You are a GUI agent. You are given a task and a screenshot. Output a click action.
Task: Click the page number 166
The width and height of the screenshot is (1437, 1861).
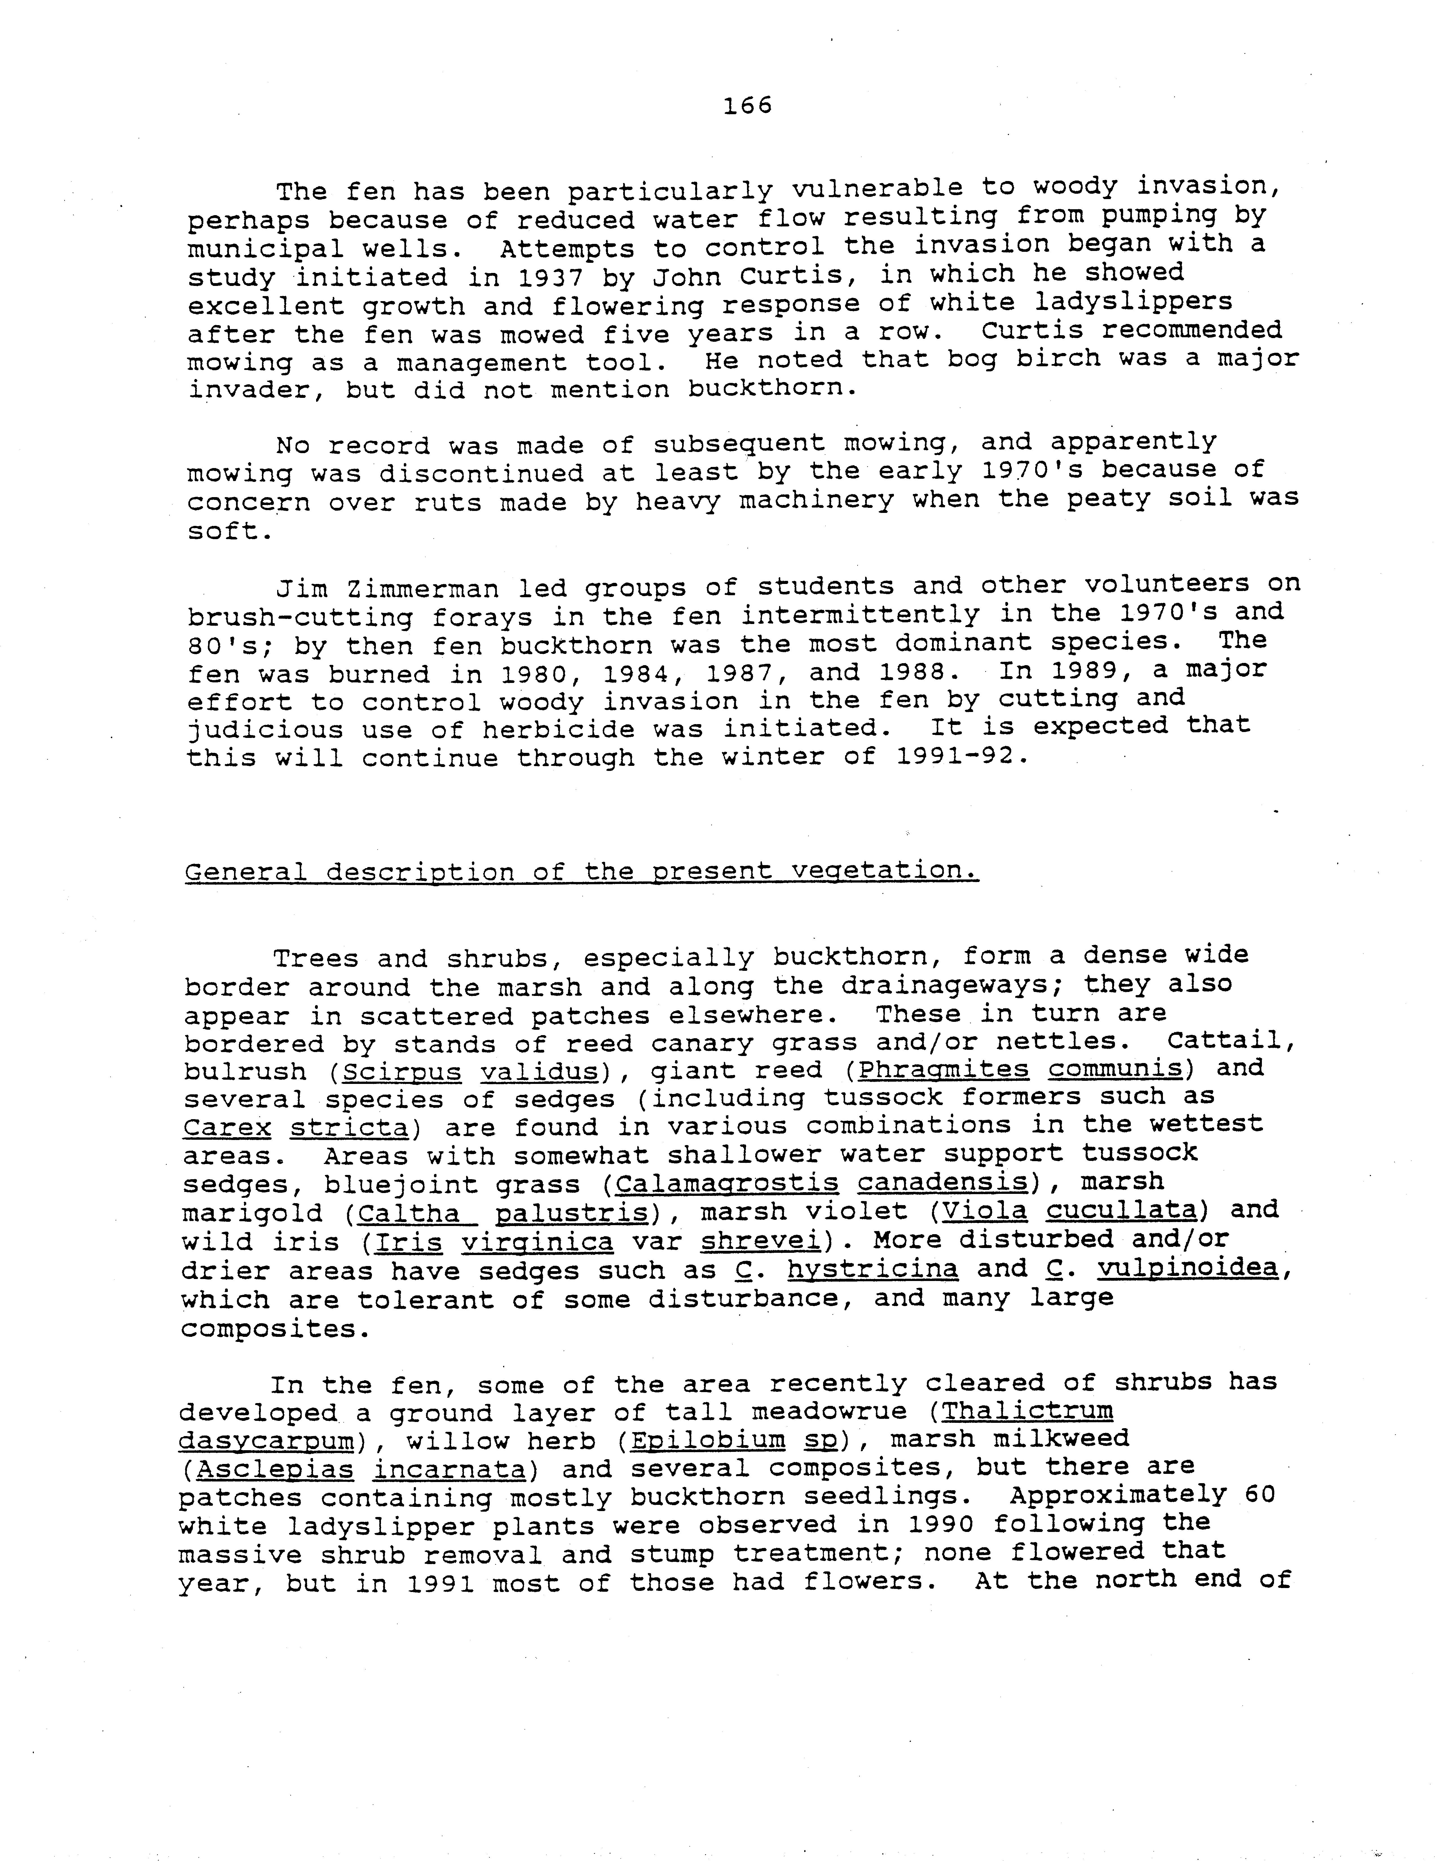[x=747, y=106]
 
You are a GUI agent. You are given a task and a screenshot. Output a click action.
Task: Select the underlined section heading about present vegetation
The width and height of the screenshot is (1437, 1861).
[x=581, y=872]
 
